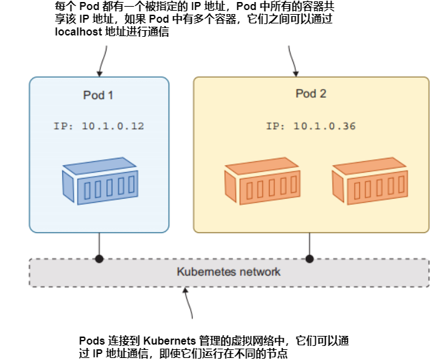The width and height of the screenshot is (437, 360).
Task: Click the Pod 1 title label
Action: (x=98, y=95)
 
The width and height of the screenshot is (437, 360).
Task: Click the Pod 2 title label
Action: (x=311, y=94)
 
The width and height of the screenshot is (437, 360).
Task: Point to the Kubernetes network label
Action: (x=228, y=272)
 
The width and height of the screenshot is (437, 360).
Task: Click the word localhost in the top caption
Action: (x=78, y=32)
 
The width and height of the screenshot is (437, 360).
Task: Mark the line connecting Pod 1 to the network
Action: (x=99, y=245)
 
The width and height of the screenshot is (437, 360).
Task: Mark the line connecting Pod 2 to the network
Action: (x=309, y=245)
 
